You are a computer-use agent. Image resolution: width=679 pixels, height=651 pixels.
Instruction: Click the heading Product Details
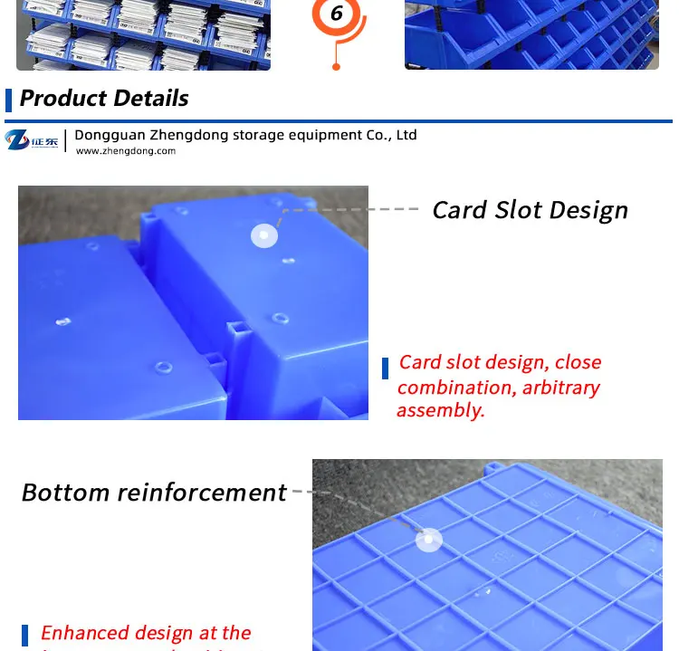coord(104,98)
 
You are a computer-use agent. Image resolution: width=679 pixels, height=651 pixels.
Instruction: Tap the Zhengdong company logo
coord(32,140)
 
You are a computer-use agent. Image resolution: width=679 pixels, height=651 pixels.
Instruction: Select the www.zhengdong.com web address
coord(125,151)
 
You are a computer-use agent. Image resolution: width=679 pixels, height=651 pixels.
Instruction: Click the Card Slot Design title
coord(530,210)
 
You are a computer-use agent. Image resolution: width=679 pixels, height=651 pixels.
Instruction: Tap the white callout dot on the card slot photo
coord(263,235)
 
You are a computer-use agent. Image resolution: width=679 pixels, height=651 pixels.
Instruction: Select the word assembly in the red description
coord(440,410)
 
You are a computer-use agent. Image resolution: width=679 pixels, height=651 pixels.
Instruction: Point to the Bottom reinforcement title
coord(154,493)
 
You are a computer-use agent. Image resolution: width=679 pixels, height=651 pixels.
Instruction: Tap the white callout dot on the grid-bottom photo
coord(428,541)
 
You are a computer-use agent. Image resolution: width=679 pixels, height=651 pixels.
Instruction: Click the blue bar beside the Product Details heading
coord(9,99)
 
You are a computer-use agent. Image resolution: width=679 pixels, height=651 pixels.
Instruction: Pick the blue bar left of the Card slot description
coord(385,369)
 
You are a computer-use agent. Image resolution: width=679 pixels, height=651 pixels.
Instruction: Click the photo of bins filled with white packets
coord(143,34)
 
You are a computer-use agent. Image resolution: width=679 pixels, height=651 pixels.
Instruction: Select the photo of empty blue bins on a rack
coord(531,34)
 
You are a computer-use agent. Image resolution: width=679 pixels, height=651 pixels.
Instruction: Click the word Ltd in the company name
coord(406,135)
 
